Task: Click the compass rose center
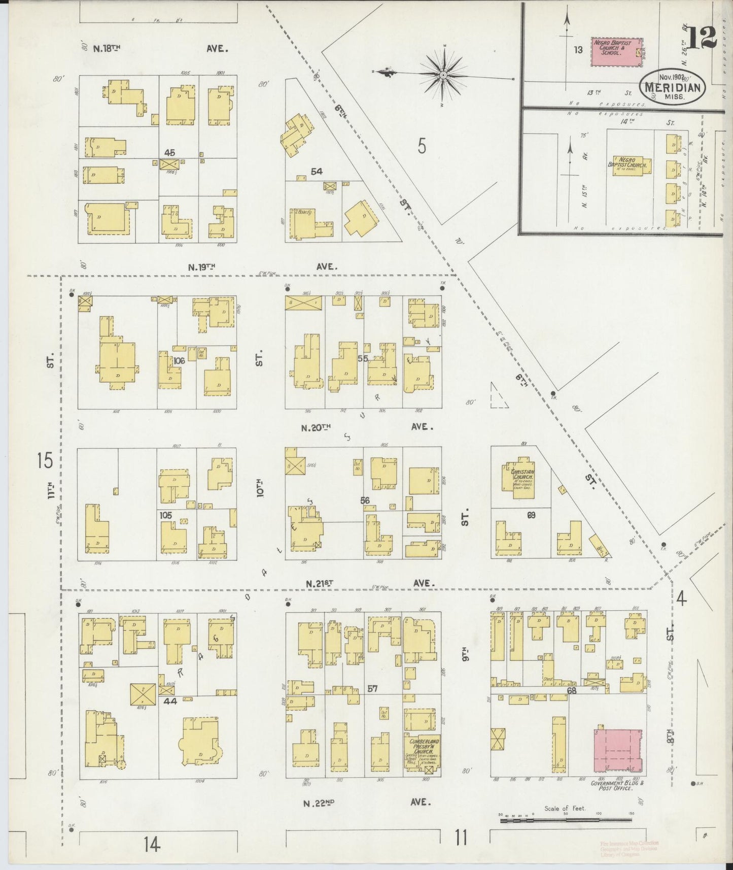coord(443,75)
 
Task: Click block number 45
coord(169,152)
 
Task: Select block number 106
coord(178,360)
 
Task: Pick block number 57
coord(372,689)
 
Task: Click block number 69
coord(531,515)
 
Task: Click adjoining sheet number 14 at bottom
coord(151,845)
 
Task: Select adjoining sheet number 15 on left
coord(45,461)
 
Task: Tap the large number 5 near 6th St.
coord(422,147)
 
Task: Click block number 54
coord(317,172)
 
